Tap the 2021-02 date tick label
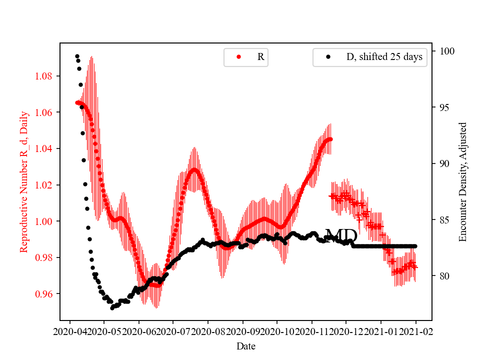coord(415,331)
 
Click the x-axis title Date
coord(246,345)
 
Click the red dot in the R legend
coord(238,57)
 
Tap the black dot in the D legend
coord(328,57)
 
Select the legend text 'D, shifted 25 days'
coord(384,57)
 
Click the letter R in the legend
coord(260,57)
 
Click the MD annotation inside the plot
coord(341,235)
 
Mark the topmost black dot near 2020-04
coord(77,56)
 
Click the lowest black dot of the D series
coord(112,307)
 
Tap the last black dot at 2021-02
coord(415,246)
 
